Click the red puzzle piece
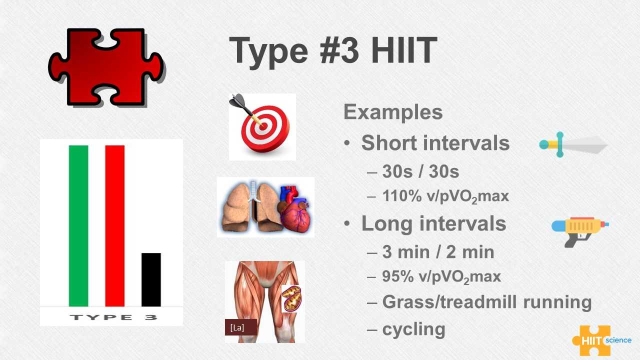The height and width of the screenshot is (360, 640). click(x=105, y=67)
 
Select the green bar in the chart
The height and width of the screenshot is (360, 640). click(x=78, y=225)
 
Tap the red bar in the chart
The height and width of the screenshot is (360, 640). click(x=115, y=225)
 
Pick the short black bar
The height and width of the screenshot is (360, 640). click(x=151, y=279)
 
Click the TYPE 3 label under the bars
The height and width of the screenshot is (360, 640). click(x=113, y=317)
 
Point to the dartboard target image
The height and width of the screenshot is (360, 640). click(x=262, y=127)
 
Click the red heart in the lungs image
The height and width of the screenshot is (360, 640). click(x=295, y=213)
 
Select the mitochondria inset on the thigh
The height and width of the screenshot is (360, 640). click(x=291, y=298)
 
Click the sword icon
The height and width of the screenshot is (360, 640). click(x=573, y=144)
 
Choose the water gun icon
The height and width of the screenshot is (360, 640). click(x=580, y=232)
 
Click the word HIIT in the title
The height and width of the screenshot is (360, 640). click(x=404, y=50)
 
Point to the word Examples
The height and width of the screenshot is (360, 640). click(x=393, y=112)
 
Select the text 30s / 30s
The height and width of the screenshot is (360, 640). click(x=420, y=171)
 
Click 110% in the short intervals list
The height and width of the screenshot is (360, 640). click(x=401, y=196)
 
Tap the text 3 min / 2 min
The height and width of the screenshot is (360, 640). click(x=438, y=252)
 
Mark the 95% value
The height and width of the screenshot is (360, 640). click(x=397, y=276)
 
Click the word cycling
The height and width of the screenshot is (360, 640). click(x=413, y=330)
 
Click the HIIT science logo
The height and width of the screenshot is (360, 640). click(x=601, y=340)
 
